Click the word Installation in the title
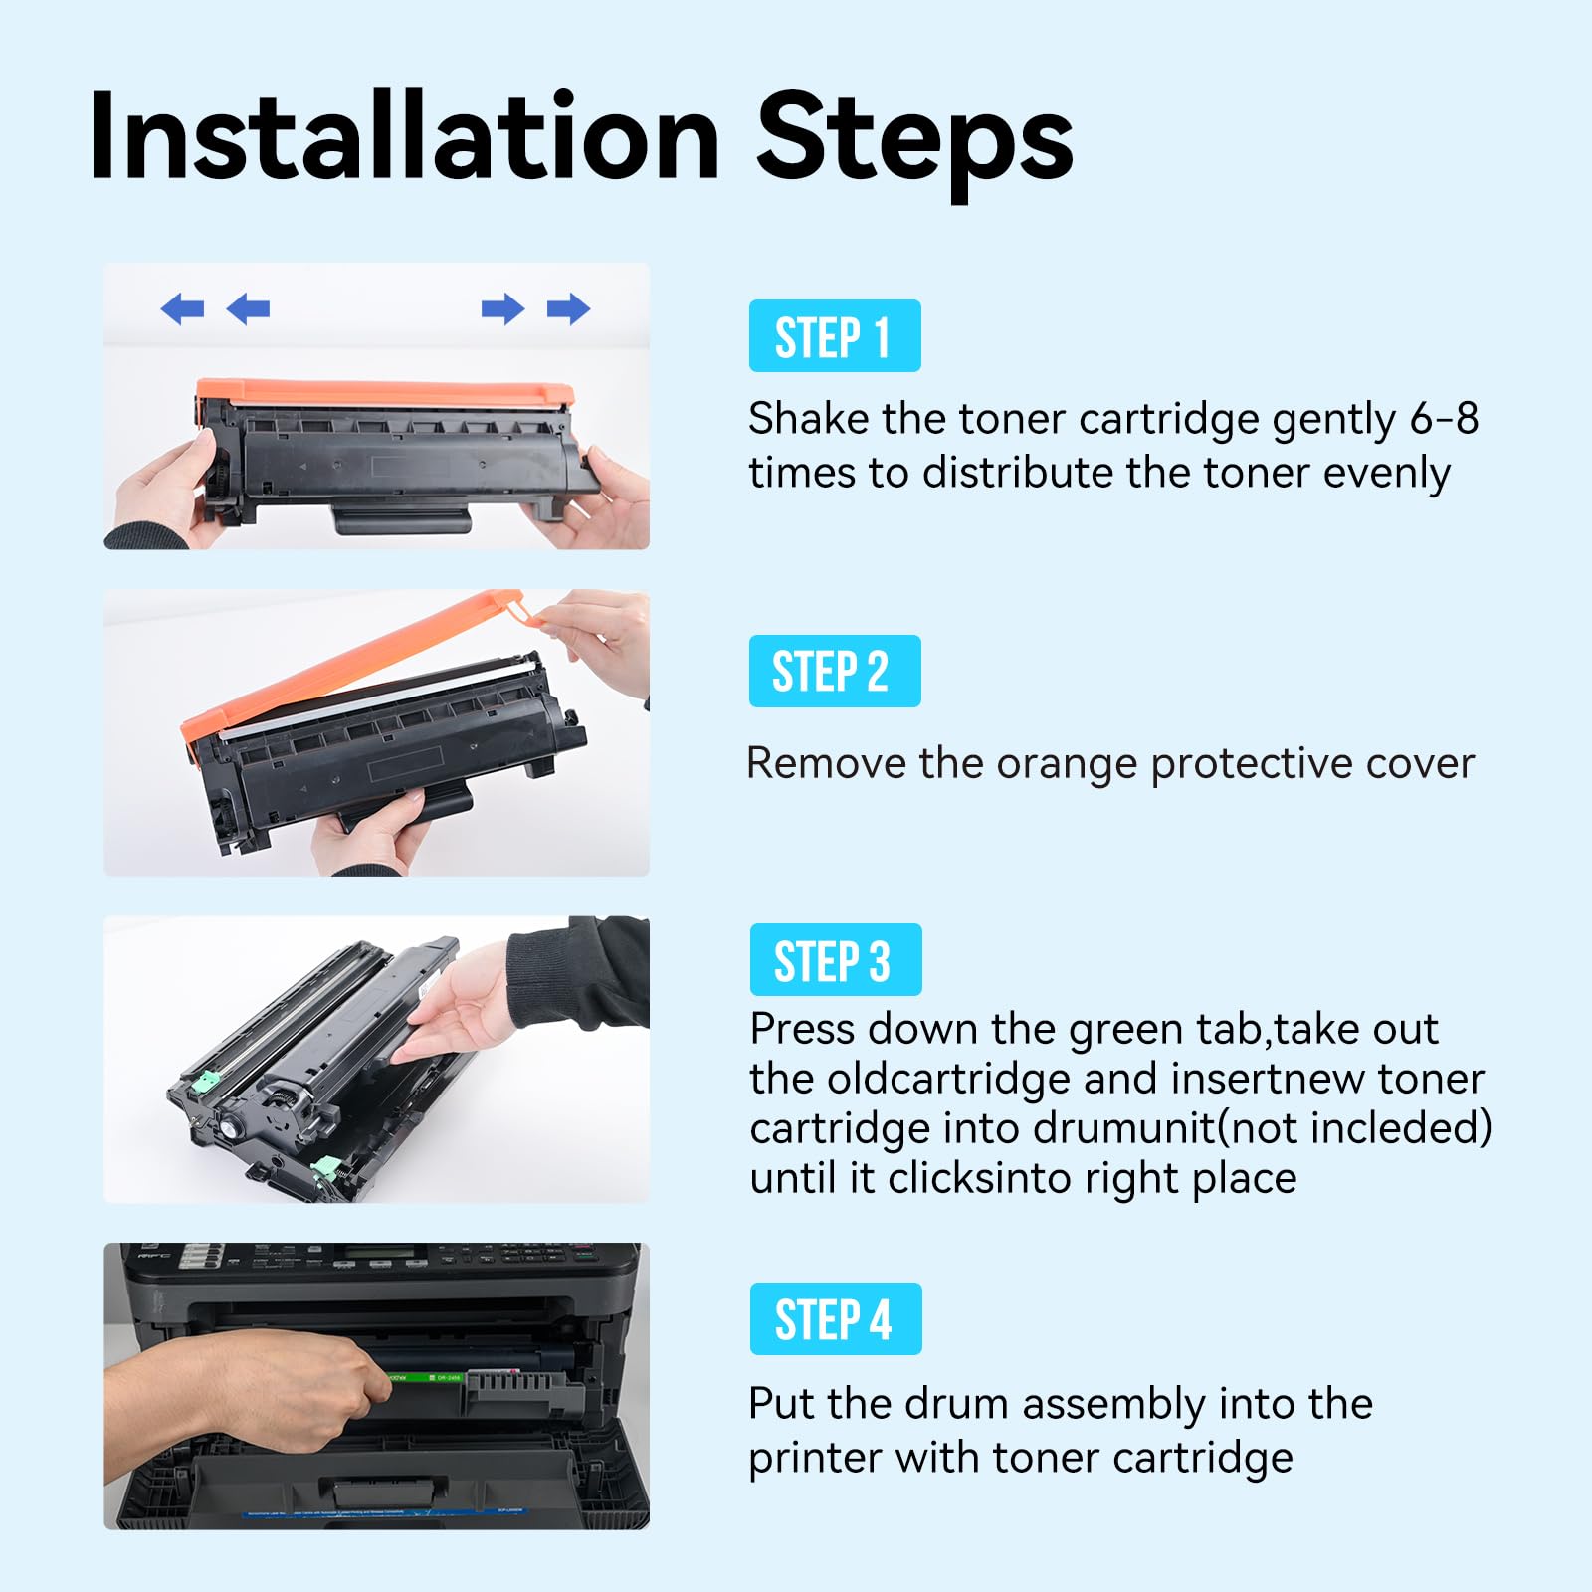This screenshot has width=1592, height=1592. [x=403, y=137]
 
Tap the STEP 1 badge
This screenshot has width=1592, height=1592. [x=834, y=336]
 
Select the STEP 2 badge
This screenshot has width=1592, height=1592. [x=834, y=672]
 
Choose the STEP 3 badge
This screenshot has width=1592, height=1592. [x=835, y=960]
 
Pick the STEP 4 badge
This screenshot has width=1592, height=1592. [x=835, y=1319]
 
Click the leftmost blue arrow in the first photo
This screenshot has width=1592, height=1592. [x=182, y=309]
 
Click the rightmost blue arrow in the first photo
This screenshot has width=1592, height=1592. [x=568, y=309]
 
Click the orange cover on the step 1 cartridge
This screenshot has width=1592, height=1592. [x=383, y=391]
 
